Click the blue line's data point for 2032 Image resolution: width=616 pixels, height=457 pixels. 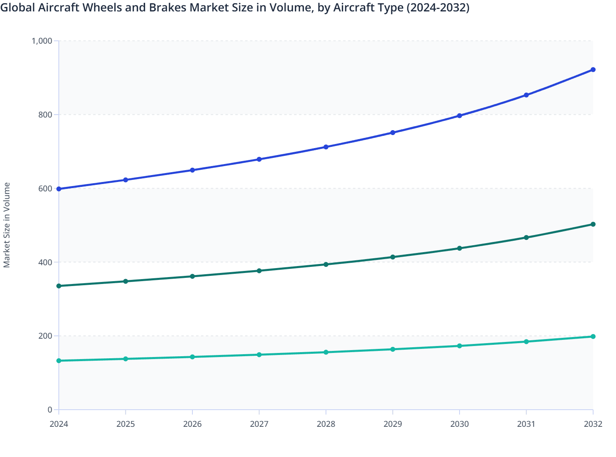[x=593, y=70]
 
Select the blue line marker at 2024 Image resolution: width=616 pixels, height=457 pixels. [x=59, y=189]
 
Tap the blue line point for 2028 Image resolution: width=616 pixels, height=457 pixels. [x=326, y=147]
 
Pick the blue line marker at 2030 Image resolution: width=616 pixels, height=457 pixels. [x=460, y=116]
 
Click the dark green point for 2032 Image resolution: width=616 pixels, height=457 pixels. [x=593, y=224]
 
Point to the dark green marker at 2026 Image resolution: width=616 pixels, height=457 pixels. [x=192, y=277]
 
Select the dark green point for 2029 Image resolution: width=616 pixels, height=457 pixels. [x=393, y=257]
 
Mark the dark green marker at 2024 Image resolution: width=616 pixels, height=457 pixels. [x=59, y=286]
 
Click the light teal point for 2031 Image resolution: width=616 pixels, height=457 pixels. [x=526, y=342]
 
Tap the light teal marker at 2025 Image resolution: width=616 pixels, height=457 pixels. [x=126, y=359]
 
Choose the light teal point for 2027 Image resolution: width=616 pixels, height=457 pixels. [x=259, y=355]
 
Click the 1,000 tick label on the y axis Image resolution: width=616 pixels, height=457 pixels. [x=42, y=41]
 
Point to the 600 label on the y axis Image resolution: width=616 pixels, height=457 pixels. [x=46, y=189]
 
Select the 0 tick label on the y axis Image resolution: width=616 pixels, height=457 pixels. [x=50, y=410]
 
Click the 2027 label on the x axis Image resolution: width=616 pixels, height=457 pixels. [x=259, y=424]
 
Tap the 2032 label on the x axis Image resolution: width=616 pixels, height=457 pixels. [x=593, y=424]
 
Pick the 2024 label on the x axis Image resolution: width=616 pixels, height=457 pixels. [x=59, y=424]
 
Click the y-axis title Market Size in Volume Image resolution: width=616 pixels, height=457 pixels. [x=7, y=225]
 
